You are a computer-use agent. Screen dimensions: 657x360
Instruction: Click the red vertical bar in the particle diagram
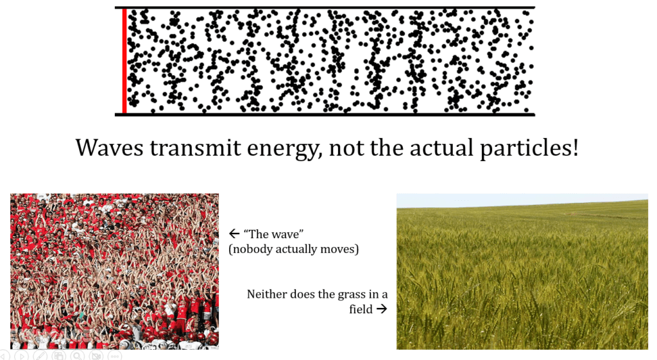[124, 61]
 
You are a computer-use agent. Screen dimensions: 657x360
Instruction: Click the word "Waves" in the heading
[109, 148]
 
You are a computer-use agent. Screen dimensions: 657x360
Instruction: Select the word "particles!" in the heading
[529, 148]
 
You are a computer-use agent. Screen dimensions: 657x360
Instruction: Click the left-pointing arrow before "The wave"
[234, 234]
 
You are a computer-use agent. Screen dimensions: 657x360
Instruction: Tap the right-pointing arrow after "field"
[381, 309]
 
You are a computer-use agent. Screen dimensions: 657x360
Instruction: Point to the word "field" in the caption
[361, 309]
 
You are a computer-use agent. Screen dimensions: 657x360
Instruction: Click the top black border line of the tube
[325, 7]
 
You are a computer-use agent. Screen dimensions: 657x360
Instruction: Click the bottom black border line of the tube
[325, 114]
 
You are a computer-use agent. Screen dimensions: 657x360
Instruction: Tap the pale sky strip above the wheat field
[522, 200]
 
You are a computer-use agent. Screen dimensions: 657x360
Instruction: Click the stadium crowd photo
[114, 271]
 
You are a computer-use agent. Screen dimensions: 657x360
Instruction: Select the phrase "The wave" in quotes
[273, 234]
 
